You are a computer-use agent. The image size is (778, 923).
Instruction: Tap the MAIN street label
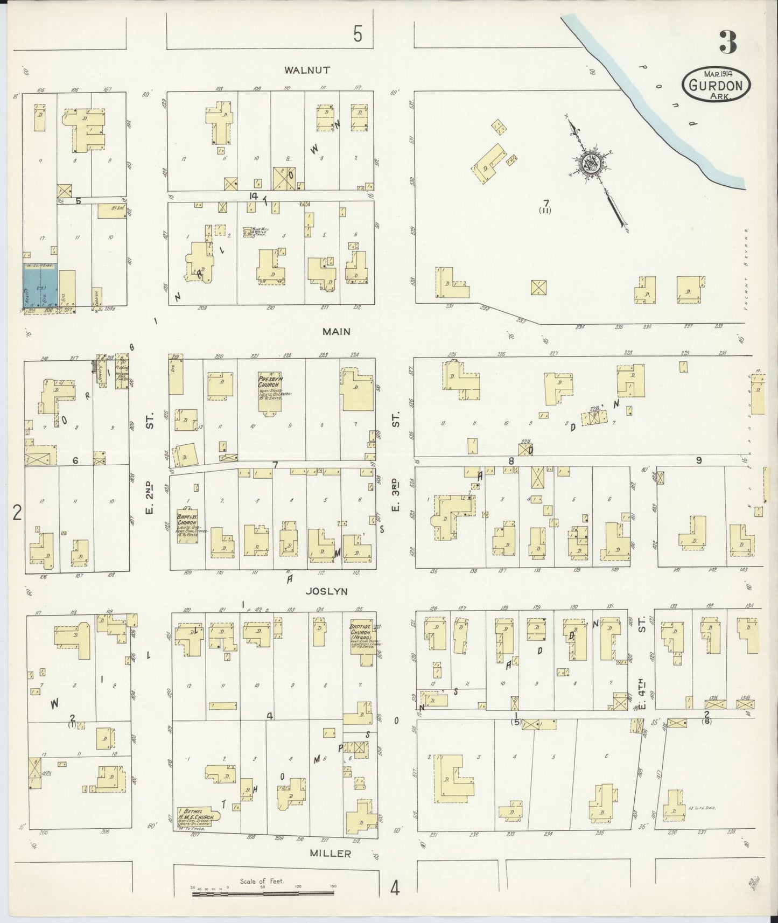click(336, 332)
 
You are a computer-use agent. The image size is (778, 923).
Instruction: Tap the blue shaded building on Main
click(40, 286)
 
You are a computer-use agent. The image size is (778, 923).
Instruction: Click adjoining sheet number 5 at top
click(358, 35)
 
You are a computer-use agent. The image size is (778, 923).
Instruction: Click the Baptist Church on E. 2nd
click(187, 525)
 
